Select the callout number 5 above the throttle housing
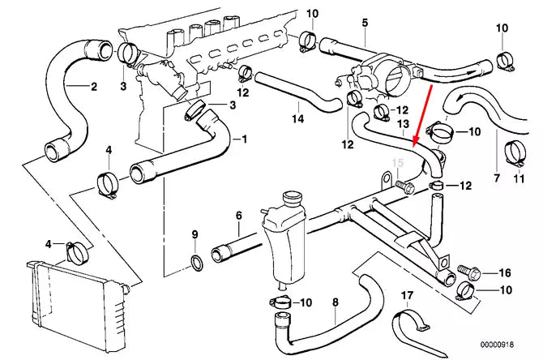tap(364, 21)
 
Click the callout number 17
tap(408, 295)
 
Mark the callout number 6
tap(238, 215)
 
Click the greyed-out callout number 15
tap(397, 164)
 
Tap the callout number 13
tap(403, 123)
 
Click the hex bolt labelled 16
tap(467, 271)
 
